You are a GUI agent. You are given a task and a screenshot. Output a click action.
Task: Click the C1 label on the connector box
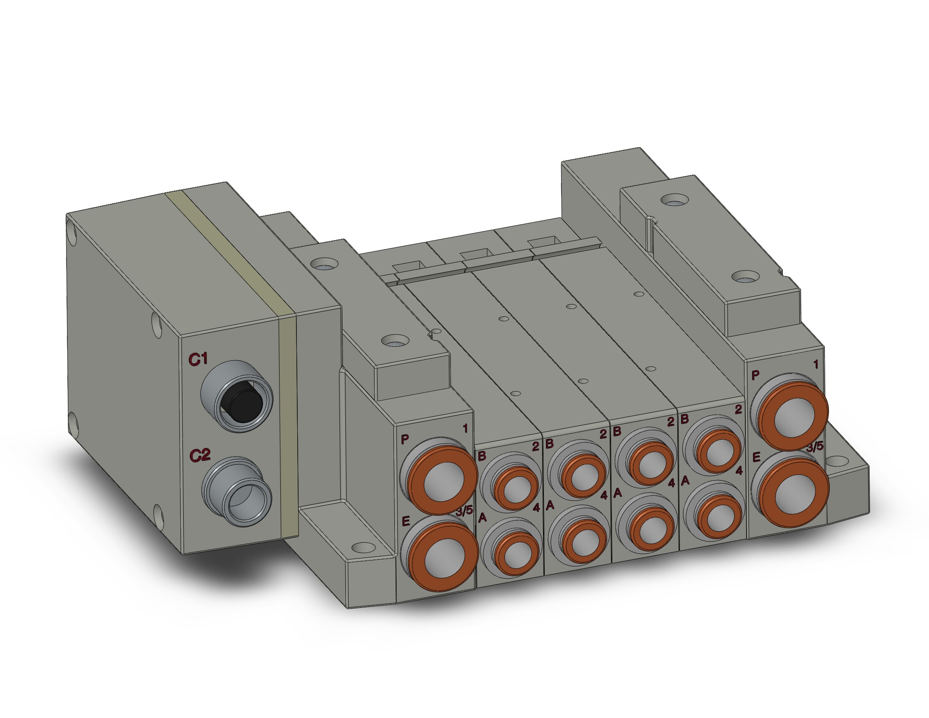(x=198, y=359)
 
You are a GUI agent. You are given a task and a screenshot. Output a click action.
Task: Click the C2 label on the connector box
(x=200, y=456)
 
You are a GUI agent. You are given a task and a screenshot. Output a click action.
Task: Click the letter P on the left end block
(x=405, y=439)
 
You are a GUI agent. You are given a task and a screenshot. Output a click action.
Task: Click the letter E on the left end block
(x=405, y=521)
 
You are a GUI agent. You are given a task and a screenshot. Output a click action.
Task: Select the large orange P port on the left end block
(x=441, y=480)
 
